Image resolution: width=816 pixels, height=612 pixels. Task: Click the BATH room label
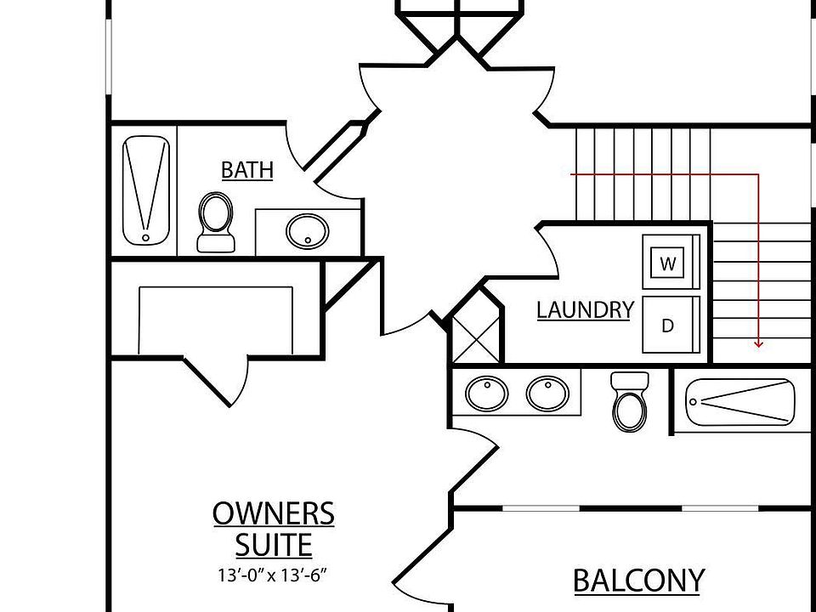tap(247, 170)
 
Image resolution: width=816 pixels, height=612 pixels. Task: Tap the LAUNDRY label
tap(586, 310)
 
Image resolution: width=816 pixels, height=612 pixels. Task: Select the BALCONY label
tap(639, 581)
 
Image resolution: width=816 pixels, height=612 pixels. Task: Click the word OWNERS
tap(273, 513)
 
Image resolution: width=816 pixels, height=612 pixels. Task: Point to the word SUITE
tap(273, 545)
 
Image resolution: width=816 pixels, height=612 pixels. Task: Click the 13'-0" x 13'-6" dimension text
tap(273, 575)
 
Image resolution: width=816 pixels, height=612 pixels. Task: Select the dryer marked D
tap(671, 325)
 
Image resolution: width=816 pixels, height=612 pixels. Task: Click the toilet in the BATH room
tap(215, 222)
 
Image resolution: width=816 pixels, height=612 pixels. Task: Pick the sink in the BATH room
tap(308, 231)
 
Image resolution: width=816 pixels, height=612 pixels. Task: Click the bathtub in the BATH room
tap(145, 190)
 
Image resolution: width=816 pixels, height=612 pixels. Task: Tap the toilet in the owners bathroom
tap(630, 402)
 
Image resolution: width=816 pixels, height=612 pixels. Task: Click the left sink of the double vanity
tap(486, 393)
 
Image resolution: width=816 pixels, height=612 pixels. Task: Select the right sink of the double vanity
tap(547, 393)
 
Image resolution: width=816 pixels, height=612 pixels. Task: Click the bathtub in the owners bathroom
tap(740, 402)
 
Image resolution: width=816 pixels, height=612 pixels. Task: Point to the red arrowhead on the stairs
tap(758, 343)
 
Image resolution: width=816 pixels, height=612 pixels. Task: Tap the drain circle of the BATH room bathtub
tap(145, 238)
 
